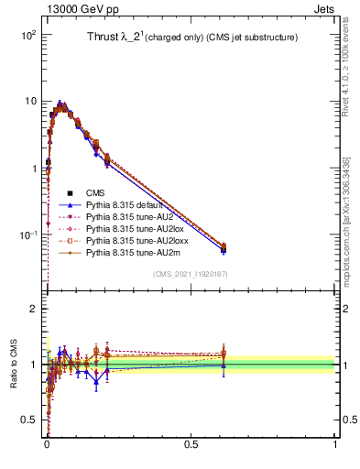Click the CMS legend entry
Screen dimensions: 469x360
(x=97, y=192)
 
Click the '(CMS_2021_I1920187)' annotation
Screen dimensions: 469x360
(x=191, y=273)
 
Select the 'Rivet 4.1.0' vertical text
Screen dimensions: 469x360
(x=345, y=73)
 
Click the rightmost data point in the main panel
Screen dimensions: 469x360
(x=224, y=247)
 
